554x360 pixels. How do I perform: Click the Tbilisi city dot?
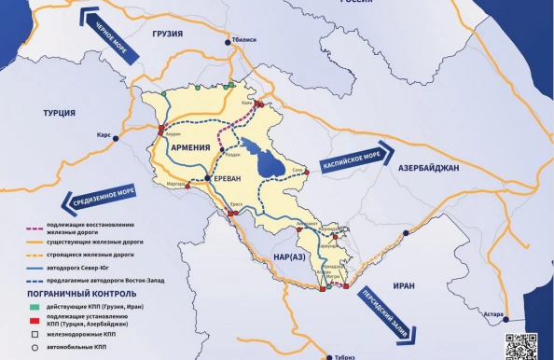click(226, 41)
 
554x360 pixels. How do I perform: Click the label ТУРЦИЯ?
click(59, 113)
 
